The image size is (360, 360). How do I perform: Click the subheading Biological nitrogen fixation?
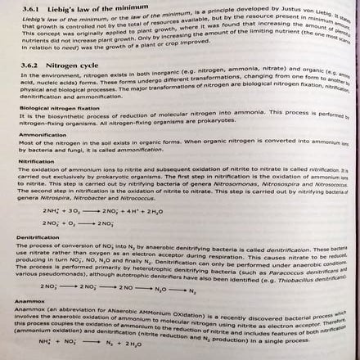[x=53, y=107]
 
